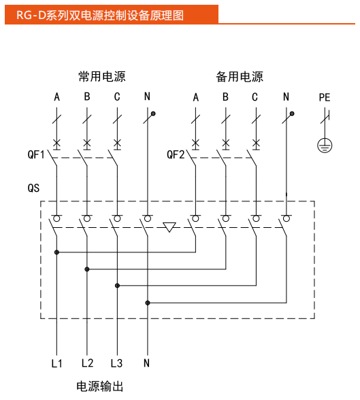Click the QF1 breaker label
click(35, 155)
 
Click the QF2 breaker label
click(176, 155)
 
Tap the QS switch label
click(33, 185)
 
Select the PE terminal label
click(325, 98)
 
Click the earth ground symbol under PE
click(325, 144)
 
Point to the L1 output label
click(56, 363)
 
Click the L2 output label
click(87, 363)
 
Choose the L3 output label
click(116, 363)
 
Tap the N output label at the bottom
click(146, 363)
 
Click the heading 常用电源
click(101, 77)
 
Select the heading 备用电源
click(240, 77)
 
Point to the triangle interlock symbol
click(169, 227)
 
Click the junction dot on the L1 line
click(57, 252)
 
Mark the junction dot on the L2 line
click(87, 269)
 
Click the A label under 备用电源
click(196, 98)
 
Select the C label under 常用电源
click(117, 98)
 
